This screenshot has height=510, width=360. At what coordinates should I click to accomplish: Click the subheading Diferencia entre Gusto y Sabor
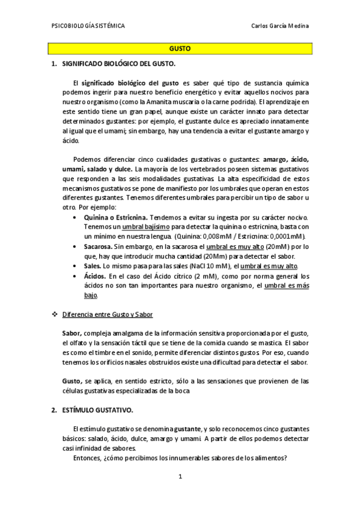point(104,314)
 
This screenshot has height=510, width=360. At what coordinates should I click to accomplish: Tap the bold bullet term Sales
point(93,266)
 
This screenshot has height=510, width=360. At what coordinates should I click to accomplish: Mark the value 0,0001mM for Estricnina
point(288,236)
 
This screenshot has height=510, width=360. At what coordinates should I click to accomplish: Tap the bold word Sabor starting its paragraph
point(72,333)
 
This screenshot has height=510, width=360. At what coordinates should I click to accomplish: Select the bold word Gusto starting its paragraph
point(72,381)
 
